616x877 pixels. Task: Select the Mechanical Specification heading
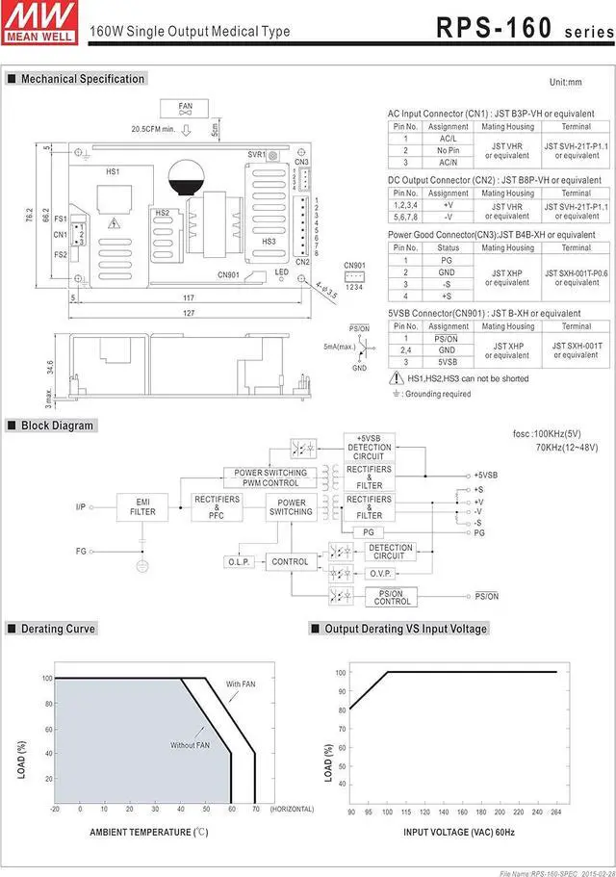tap(82, 79)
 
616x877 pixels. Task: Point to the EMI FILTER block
tap(142, 506)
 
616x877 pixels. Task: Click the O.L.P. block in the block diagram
tap(239, 561)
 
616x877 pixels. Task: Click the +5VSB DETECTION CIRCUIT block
tap(369, 447)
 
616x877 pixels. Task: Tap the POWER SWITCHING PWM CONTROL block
tap(270, 477)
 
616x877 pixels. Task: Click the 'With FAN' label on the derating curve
tap(240, 684)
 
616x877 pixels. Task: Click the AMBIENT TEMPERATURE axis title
tap(148, 831)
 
